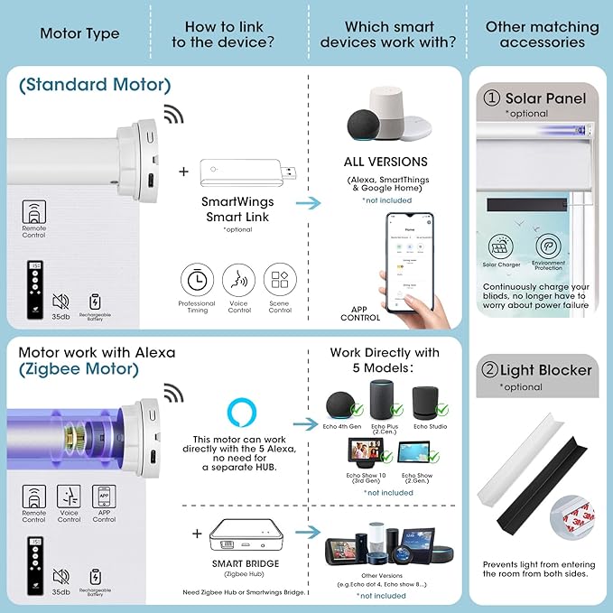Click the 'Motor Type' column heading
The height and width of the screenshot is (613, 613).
coord(79,34)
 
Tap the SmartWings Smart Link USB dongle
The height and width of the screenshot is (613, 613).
coord(237,171)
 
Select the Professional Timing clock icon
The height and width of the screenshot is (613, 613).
coord(197,279)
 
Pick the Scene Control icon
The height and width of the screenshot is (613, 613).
coord(280,279)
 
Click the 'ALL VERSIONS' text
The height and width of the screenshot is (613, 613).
coord(385,163)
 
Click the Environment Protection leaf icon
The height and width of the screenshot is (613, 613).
coord(548,246)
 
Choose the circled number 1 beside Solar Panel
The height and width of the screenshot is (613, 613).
coord(493,98)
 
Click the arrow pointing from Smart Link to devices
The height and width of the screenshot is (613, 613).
coord(309,203)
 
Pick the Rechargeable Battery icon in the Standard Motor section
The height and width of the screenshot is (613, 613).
coord(96,302)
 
